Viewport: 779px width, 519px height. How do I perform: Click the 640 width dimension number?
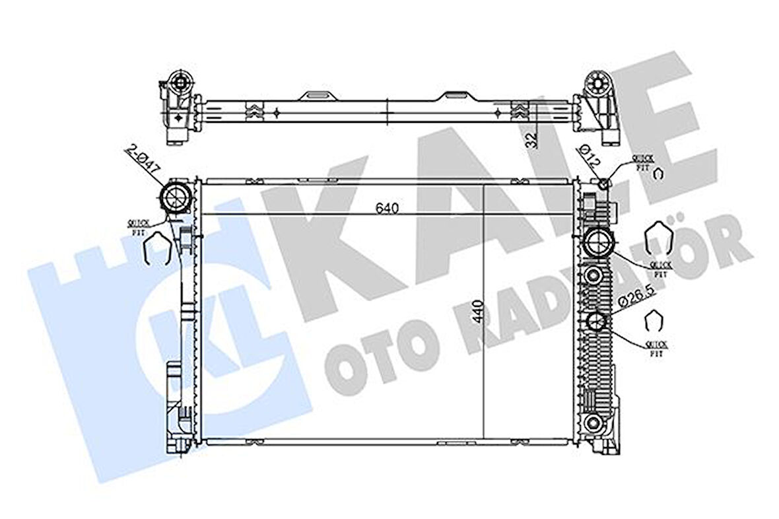coord(388,209)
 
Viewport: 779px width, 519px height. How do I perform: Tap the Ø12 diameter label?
coord(590,158)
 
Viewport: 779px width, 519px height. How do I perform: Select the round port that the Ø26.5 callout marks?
coord(597,322)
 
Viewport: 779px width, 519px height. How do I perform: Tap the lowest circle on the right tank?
coord(596,423)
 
